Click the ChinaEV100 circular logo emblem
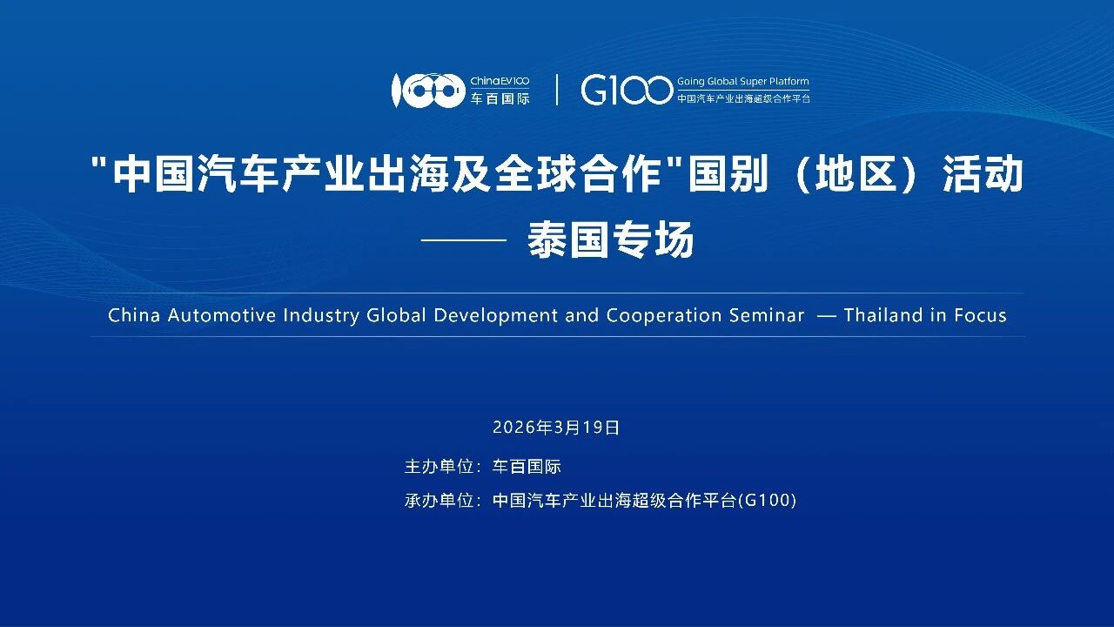428,91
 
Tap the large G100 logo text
626,90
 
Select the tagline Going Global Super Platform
743,81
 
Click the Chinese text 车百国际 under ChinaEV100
500,98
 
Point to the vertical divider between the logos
556,90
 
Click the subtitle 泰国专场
611,239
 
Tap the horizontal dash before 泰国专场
464,239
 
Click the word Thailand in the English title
883,315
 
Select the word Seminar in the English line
767,315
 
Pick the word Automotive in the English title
222,315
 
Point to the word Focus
980,315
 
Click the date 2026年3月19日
556,428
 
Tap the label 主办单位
439,467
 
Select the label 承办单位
439,500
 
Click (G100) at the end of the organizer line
767,500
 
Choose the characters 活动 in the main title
983,174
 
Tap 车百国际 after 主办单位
527,467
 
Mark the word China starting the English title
134,315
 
